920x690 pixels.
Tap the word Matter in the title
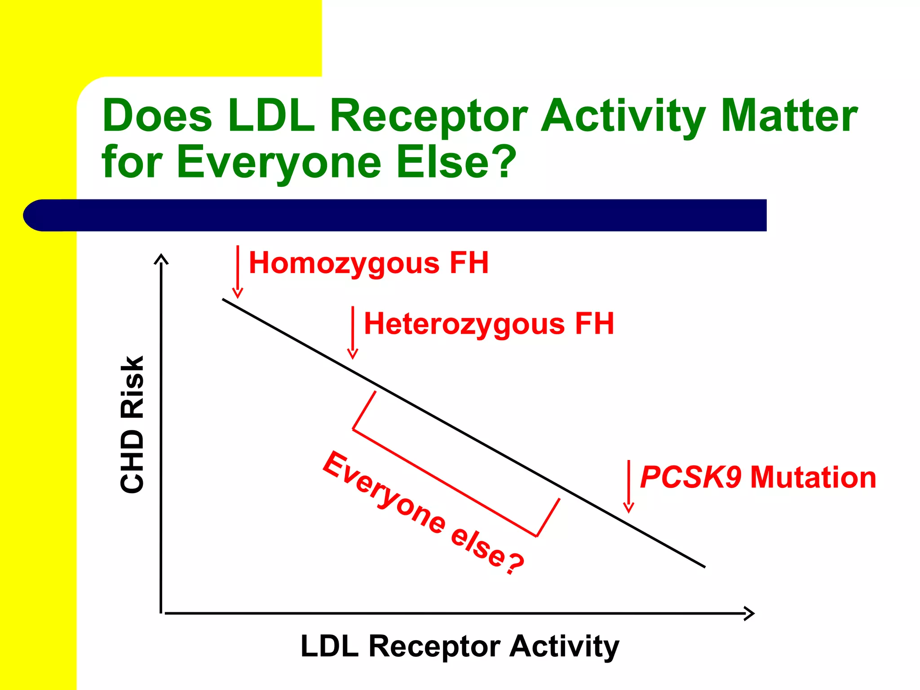coord(789,116)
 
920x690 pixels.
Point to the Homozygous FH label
coord(368,263)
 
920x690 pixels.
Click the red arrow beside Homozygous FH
coord(238,271)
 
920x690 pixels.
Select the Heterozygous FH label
coord(489,324)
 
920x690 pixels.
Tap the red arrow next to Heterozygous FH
coord(353,332)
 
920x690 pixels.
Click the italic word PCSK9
coord(690,477)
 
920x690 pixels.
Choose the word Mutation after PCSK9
coord(813,477)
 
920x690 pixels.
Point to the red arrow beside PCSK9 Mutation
coord(629,486)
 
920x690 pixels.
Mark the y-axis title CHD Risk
coord(132,425)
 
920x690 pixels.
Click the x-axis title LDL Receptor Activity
coord(460,647)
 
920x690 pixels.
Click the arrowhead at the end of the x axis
coord(749,613)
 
